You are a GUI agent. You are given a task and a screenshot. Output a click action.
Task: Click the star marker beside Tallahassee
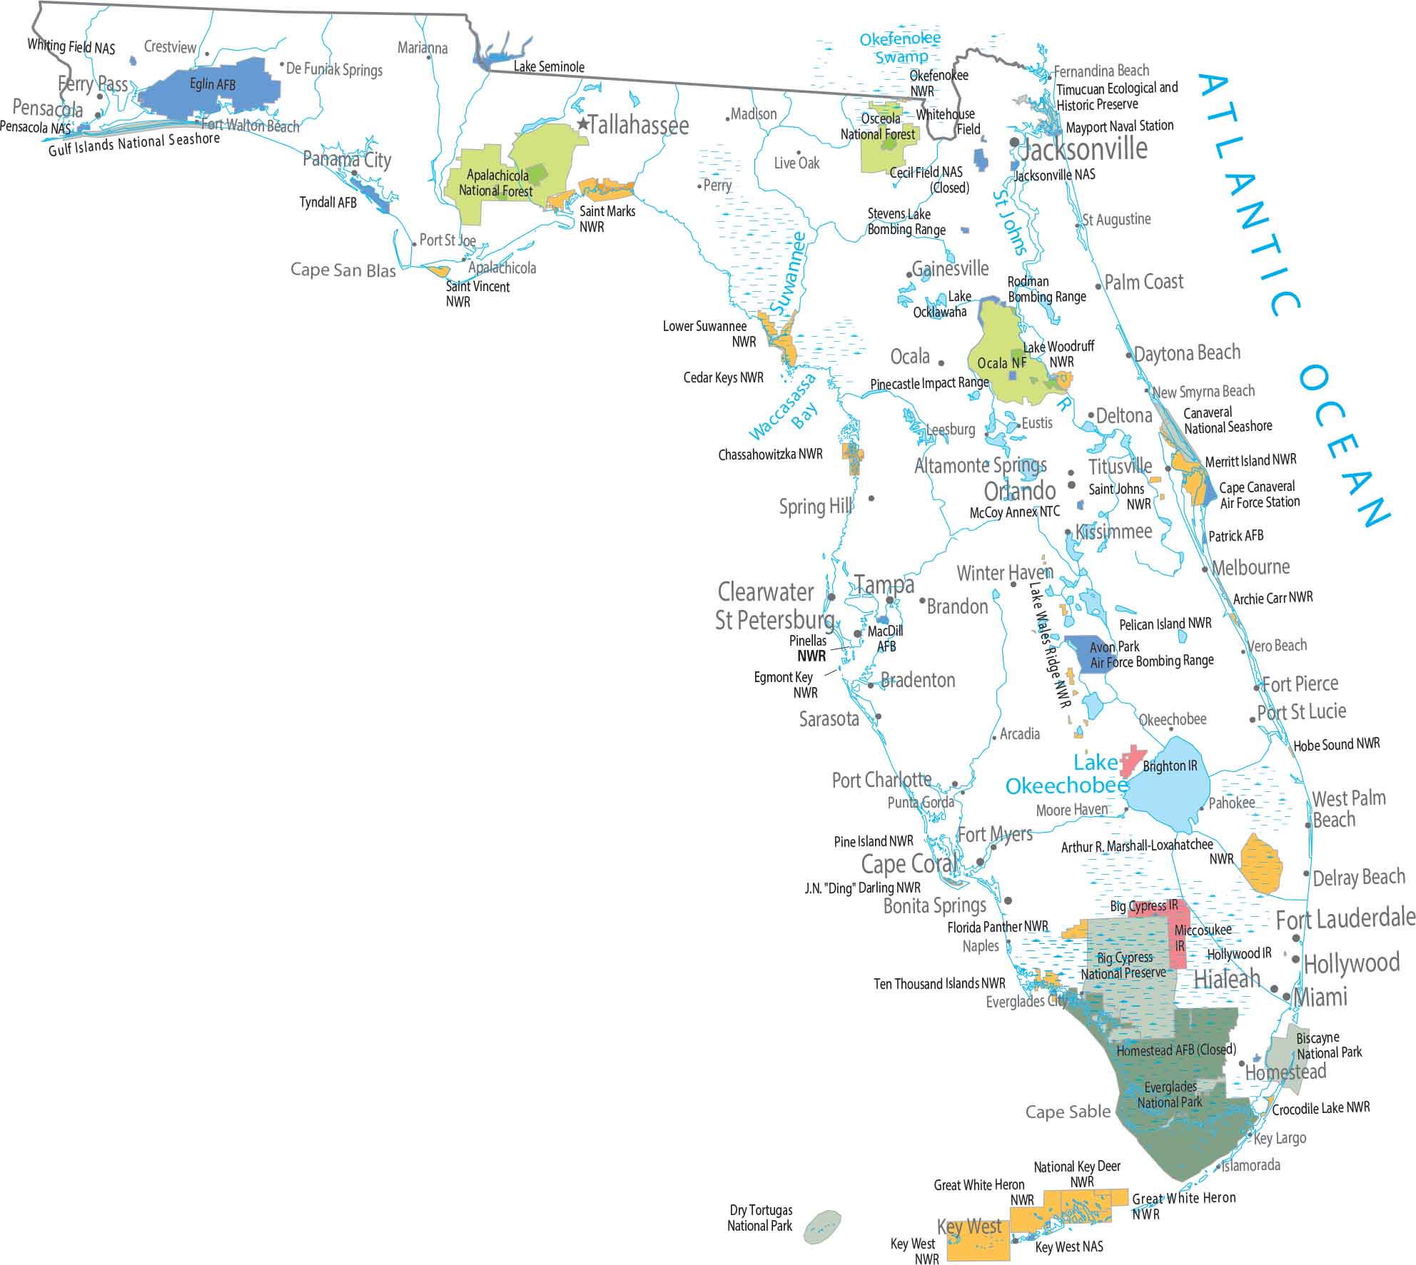point(583,124)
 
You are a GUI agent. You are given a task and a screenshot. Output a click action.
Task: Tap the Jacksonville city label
point(1083,149)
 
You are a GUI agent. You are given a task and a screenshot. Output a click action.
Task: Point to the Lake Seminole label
point(549,67)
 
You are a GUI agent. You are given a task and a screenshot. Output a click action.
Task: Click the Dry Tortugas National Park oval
point(822,1227)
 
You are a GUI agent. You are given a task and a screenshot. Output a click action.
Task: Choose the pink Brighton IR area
point(1131,761)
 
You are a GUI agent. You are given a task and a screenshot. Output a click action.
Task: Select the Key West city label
point(969,1226)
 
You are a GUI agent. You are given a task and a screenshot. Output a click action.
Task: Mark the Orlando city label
point(1019,491)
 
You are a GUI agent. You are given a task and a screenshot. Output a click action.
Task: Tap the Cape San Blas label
point(343,270)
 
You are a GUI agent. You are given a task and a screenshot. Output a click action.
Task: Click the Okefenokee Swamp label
point(901,47)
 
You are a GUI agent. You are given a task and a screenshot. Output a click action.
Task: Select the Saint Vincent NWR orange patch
point(438,271)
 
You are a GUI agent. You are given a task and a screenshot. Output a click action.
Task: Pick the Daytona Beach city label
point(1187,353)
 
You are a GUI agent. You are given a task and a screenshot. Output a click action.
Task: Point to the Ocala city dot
point(941,363)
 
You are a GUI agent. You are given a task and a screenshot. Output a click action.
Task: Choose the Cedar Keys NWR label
point(723,377)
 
